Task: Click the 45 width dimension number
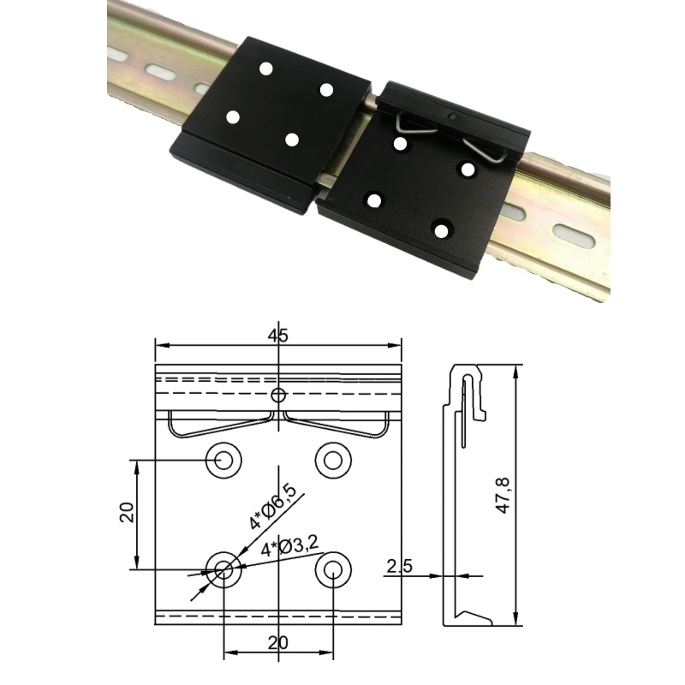click(277, 336)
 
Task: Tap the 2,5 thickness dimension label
click(400, 566)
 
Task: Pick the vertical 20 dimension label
click(126, 513)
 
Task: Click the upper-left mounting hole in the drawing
click(223, 459)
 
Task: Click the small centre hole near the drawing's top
click(277, 395)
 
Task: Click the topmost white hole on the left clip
click(265, 68)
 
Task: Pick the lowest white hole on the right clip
click(440, 229)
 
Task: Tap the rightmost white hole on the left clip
click(325, 89)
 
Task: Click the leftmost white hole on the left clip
click(232, 117)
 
